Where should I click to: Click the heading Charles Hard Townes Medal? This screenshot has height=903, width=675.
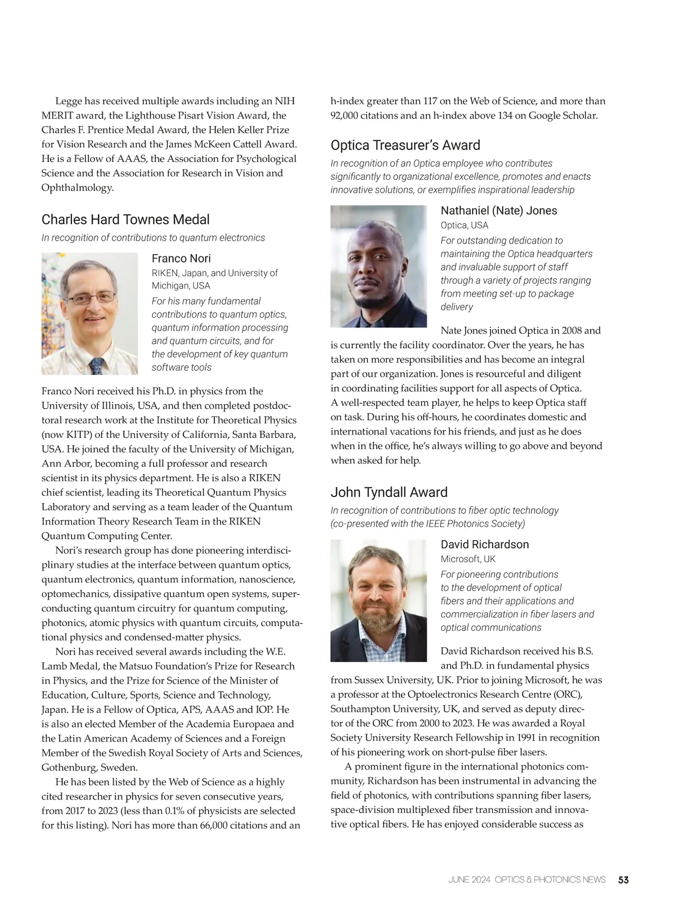[x=125, y=219]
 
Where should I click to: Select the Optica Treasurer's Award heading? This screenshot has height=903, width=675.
[x=405, y=145]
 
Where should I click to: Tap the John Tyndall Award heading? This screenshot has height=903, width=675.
[x=389, y=492]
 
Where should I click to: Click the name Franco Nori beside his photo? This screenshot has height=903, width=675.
[x=181, y=258]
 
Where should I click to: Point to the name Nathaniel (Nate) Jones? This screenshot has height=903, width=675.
[x=498, y=210]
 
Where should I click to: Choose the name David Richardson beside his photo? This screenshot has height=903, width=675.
[x=484, y=544]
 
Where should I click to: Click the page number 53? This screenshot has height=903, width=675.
[x=623, y=879]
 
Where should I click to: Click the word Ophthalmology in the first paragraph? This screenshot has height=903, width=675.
[x=77, y=187]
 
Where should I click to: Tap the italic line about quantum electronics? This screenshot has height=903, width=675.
[x=153, y=238]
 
